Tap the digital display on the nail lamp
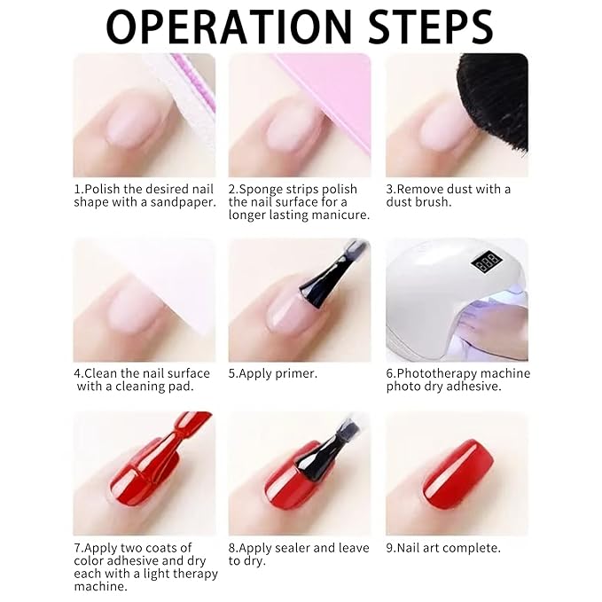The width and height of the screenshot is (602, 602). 487,263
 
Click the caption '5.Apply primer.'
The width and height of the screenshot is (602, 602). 273,373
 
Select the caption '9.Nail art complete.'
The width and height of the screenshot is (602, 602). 443,548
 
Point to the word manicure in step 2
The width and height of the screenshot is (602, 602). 340,215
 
